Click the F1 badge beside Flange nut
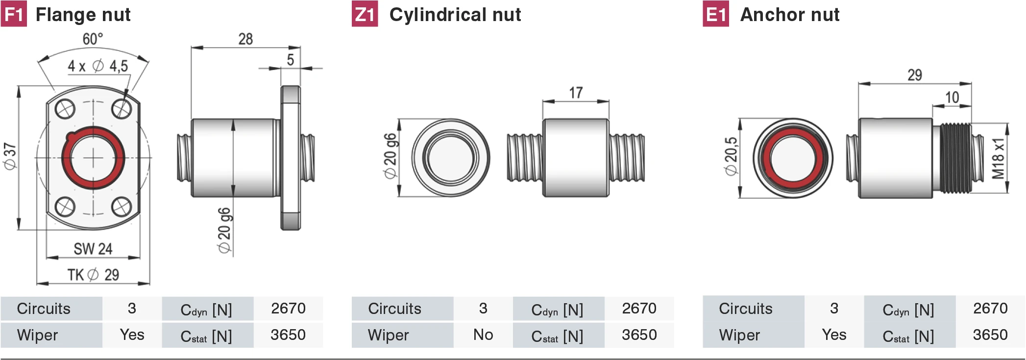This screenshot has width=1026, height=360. pyautogui.click(x=14, y=14)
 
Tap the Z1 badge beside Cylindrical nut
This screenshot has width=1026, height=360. pyautogui.click(x=365, y=14)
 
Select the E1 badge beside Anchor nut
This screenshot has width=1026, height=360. pyautogui.click(x=716, y=14)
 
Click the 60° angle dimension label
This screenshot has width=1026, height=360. pyautogui.click(x=93, y=39)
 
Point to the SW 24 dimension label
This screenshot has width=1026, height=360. pyautogui.click(x=93, y=249)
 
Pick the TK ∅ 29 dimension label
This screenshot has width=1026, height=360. pyautogui.click(x=93, y=275)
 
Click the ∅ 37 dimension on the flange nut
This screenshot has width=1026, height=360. pyautogui.click(x=10, y=157)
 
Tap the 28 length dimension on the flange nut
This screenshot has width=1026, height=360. pyautogui.click(x=245, y=39)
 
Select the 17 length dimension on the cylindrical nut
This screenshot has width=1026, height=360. pyautogui.click(x=576, y=93)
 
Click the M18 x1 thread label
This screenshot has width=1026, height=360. pyautogui.click(x=998, y=158)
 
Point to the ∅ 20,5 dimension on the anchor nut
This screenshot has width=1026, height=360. pyautogui.click(x=731, y=156)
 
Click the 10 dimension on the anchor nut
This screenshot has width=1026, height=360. pyautogui.click(x=952, y=97)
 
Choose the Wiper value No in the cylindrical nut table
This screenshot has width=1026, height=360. pyautogui.click(x=483, y=335)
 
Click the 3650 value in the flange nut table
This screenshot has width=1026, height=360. pyautogui.click(x=288, y=335)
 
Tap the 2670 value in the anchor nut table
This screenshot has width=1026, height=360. pyautogui.click(x=990, y=308)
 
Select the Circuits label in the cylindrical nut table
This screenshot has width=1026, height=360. pyautogui.click(x=394, y=309)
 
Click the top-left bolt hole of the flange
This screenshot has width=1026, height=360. pyautogui.click(x=65, y=109)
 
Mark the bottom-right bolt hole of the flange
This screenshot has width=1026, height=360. pyautogui.click(x=122, y=207)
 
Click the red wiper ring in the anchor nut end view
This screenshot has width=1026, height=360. pyautogui.click(x=793, y=158)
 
